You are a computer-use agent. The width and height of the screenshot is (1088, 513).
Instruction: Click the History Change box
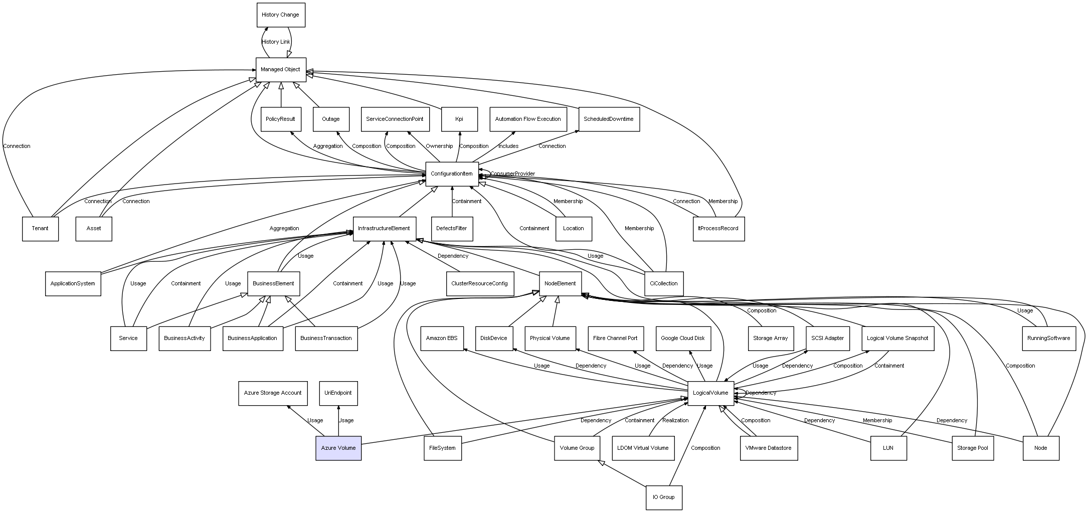tap(280, 15)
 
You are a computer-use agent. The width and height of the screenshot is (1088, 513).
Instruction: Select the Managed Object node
tap(280, 70)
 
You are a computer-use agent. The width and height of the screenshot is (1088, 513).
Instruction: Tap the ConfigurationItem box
tap(451, 174)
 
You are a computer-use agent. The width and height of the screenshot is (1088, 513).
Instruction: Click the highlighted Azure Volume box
tap(338, 448)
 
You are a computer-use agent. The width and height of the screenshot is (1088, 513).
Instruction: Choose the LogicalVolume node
tap(710, 393)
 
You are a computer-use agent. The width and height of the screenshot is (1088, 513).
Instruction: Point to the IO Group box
tap(663, 497)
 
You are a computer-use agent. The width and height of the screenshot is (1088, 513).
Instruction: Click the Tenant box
tap(40, 229)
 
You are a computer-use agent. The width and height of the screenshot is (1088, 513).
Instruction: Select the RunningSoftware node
tap(1048, 338)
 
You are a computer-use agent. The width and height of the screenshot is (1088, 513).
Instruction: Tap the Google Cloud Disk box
tap(682, 338)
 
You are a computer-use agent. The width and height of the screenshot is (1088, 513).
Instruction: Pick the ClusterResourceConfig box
tap(479, 284)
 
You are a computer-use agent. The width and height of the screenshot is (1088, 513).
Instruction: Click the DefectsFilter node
tap(452, 229)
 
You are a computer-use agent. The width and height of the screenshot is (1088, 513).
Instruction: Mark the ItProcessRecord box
tap(718, 229)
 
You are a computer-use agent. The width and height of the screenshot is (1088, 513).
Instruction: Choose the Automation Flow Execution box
tap(528, 119)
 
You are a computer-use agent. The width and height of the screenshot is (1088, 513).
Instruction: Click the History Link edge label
tap(276, 42)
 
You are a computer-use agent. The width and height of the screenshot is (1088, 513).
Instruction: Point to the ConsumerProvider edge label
tap(512, 174)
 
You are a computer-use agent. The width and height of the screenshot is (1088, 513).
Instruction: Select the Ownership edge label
tap(439, 146)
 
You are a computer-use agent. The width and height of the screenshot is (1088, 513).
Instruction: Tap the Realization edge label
tap(675, 421)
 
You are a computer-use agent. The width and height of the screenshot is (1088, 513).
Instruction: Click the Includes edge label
tap(508, 146)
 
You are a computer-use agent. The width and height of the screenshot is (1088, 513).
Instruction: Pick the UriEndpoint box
tap(338, 393)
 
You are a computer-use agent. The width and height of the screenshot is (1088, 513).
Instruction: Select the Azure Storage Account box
tap(273, 393)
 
